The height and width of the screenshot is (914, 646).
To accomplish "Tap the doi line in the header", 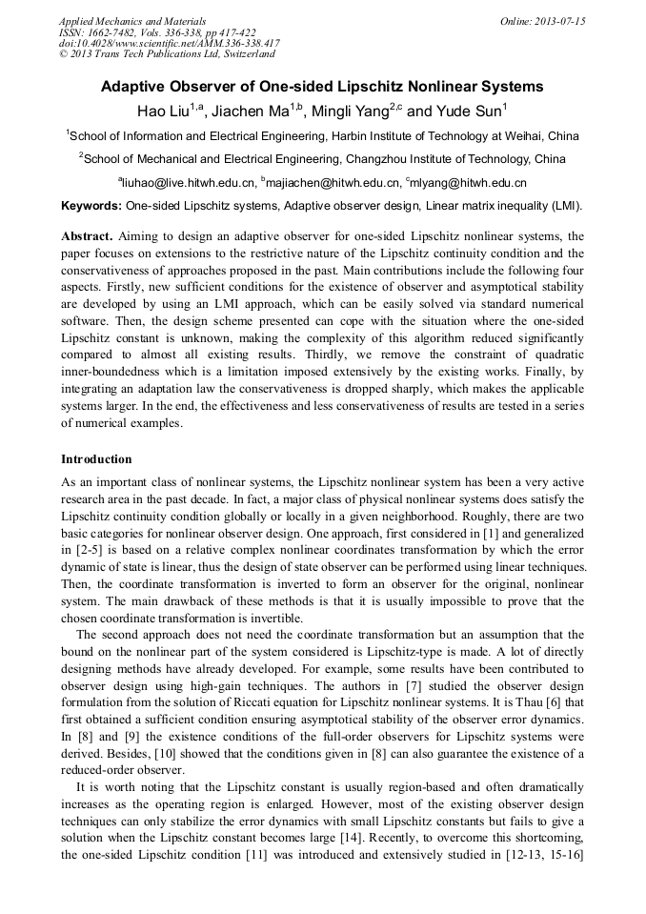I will [169, 43].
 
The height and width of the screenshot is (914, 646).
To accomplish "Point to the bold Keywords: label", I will [91, 206].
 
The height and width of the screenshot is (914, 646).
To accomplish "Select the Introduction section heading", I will [96, 459].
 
